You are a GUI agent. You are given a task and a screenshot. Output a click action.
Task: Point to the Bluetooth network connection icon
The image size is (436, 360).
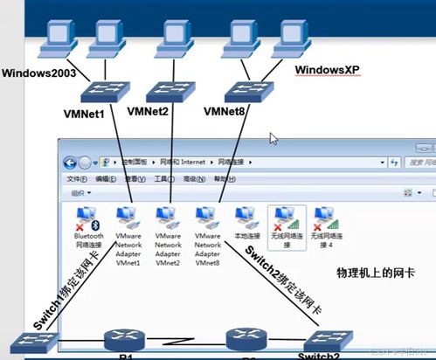88,217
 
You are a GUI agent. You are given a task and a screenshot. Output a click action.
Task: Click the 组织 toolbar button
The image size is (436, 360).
81,193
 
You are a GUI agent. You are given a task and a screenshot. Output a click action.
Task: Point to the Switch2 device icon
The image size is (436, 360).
329,342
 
